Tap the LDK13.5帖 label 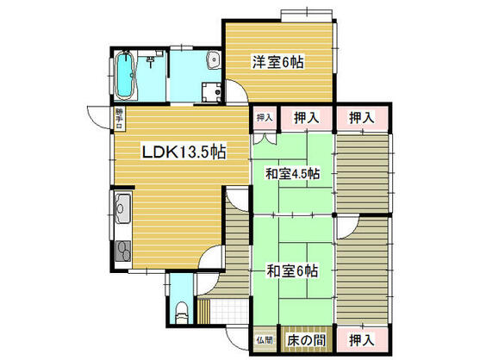pos(183,152)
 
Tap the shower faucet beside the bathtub pos(149,61)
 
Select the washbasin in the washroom pos(211,61)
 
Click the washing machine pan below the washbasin pos(209,91)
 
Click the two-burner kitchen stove pos(121,251)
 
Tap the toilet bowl pos(182,313)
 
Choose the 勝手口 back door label pos(118,117)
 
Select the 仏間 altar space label pos(263,339)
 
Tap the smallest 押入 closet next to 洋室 pos(263,117)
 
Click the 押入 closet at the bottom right pos(361,338)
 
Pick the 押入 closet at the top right pos(361,117)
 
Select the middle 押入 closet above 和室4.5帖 pos(306,117)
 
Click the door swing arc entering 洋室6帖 pos(232,90)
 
